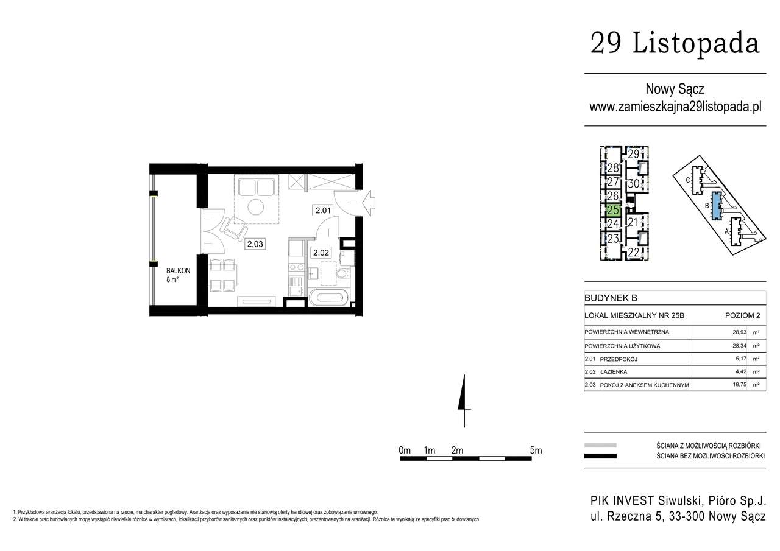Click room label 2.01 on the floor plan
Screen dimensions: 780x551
tap(323, 211)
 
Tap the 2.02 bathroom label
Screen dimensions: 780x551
tap(321, 253)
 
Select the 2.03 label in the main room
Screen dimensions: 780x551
tap(255, 244)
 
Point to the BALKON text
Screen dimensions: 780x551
tap(179, 271)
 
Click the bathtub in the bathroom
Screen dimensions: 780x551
tap(328, 297)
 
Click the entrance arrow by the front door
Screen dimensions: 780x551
tap(369, 203)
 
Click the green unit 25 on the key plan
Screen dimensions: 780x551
tap(613, 210)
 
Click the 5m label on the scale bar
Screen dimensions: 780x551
tap(536, 450)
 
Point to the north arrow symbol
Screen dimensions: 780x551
tap(464, 401)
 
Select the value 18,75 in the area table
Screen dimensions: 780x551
tap(739, 385)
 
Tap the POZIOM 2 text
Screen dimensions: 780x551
tap(743, 315)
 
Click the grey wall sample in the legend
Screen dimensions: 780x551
tap(600, 445)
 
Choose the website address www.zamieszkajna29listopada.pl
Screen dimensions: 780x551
tap(675, 107)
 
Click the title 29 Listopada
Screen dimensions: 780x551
tap(675, 43)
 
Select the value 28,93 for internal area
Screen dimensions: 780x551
tap(739, 332)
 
